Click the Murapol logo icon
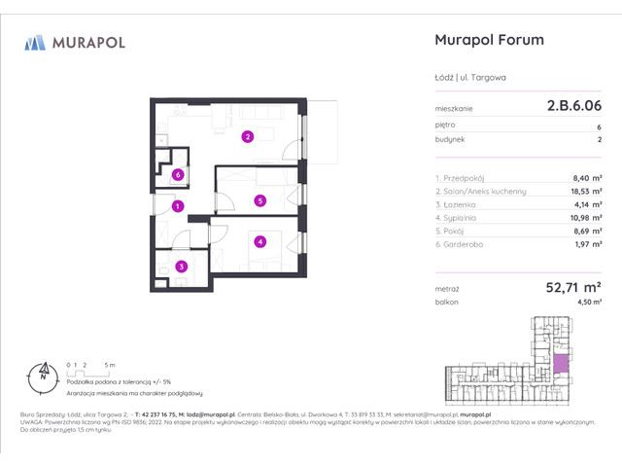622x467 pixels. [x=35, y=42]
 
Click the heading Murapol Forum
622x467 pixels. [x=486, y=41]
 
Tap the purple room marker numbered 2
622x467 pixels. [x=248, y=136]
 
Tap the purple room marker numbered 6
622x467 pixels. [x=177, y=175]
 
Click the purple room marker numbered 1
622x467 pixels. [x=177, y=206]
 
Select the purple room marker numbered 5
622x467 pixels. [x=259, y=201]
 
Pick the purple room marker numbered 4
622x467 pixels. [x=259, y=242]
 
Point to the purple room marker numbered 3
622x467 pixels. [x=180, y=266]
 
